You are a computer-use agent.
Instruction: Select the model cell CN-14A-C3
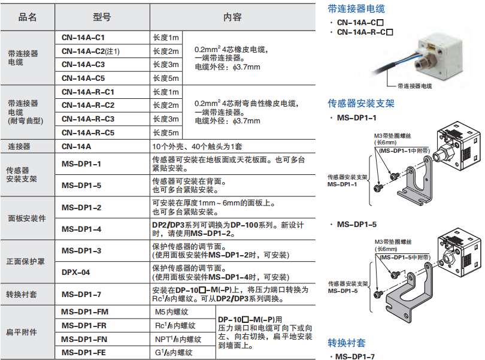coord(83,65)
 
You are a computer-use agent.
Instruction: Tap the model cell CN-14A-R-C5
coord(88,132)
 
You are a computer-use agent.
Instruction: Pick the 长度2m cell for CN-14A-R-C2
coord(166,105)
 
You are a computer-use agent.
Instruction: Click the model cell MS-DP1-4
coord(81,229)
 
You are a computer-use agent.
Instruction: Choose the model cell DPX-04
coord(76,273)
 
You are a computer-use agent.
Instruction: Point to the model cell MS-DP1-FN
coord(85,339)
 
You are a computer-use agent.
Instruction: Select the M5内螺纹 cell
coord(172,312)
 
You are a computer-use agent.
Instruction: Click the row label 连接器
coord(19,146)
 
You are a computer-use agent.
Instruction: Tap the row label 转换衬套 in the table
coord(23,295)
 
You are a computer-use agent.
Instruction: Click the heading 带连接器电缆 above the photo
coord(356,8)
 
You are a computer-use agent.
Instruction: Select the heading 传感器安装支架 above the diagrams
coord(361,103)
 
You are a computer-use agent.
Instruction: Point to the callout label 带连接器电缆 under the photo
coord(414,86)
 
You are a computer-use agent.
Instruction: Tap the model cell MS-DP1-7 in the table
coord(81,295)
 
